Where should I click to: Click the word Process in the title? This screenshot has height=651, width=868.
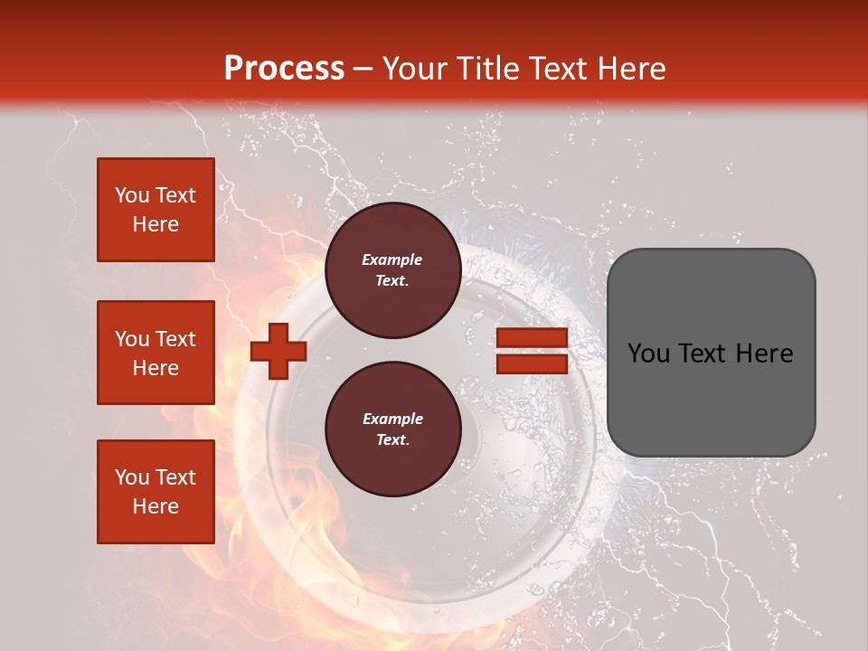(x=284, y=69)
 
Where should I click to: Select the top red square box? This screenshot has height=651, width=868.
(x=156, y=210)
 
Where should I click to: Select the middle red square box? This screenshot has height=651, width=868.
(x=156, y=353)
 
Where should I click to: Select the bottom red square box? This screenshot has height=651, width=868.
(x=156, y=492)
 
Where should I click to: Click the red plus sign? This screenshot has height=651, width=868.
(x=278, y=351)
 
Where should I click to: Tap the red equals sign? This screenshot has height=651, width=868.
(x=532, y=351)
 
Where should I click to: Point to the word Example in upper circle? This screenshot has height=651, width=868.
(x=392, y=259)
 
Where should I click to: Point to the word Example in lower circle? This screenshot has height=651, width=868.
(x=392, y=419)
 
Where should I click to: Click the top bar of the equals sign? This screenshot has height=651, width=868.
(x=532, y=338)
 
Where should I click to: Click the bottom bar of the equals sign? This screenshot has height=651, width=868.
(x=532, y=363)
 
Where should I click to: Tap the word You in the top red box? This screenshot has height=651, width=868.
(x=132, y=195)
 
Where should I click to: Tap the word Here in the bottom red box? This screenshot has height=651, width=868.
(x=156, y=506)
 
